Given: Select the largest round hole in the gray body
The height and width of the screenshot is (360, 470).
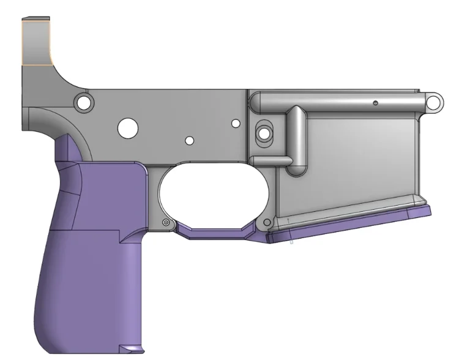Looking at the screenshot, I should [x=128, y=127].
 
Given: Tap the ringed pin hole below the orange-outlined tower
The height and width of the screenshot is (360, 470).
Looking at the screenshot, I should [x=83, y=100].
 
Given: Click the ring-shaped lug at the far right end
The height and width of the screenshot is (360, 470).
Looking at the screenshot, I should [x=435, y=101].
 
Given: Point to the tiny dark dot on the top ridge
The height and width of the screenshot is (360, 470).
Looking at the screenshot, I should [x=375, y=102].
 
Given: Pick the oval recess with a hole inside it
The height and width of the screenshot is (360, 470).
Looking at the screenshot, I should [x=264, y=132].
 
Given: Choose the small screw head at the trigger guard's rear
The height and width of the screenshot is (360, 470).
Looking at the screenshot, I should [x=166, y=222].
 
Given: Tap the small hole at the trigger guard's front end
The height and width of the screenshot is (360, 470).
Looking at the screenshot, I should [x=266, y=220].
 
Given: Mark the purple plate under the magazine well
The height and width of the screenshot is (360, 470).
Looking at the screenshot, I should [x=349, y=224].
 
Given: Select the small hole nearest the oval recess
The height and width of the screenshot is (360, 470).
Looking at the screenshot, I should [x=236, y=124].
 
